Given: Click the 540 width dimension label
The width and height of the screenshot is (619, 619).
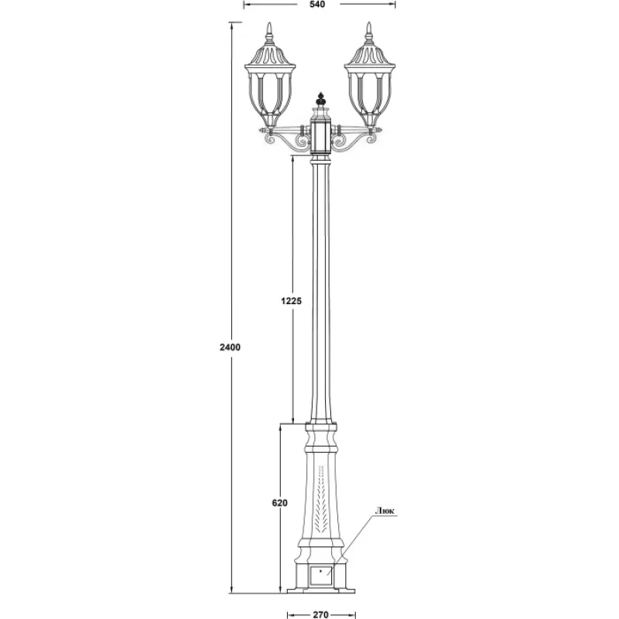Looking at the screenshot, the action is [317, 5].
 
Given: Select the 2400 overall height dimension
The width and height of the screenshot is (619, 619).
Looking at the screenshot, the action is [230, 347].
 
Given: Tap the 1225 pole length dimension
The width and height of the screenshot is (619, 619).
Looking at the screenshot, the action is [292, 301].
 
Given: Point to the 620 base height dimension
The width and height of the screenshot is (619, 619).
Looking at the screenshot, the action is [280, 502].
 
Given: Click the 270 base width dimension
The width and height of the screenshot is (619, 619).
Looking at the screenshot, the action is [320, 614].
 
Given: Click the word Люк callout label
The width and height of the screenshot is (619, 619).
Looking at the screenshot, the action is [385, 511].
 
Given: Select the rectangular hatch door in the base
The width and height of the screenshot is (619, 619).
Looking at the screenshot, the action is [321, 576].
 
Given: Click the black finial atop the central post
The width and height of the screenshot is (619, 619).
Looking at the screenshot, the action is [321, 99].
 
